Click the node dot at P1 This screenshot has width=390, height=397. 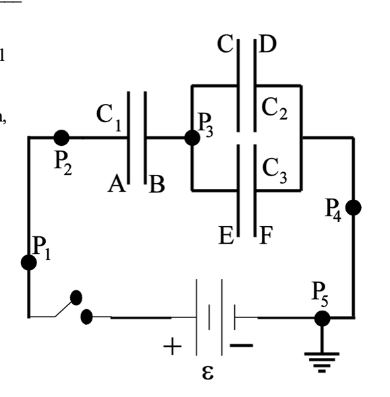click(29, 263)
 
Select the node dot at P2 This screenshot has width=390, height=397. click(61, 138)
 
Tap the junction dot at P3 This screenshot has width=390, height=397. click(192, 138)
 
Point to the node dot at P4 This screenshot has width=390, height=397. click(353, 207)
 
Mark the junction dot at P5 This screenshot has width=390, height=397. click(323, 317)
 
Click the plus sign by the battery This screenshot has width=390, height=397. click(173, 348)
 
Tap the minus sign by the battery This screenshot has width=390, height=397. click(242, 346)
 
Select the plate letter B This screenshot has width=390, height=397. click(157, 184)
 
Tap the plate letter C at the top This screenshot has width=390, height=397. click(225, 45)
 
